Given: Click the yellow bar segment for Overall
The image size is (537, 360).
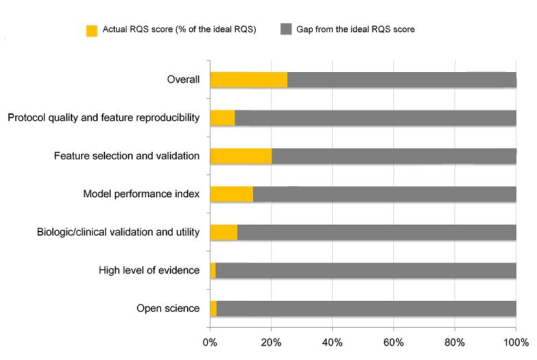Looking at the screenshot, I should click(x=248, y=80).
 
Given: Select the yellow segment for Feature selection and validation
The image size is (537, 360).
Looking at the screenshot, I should click(x=241, y=156).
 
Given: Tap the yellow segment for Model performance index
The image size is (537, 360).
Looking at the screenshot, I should click(x=231, y=194).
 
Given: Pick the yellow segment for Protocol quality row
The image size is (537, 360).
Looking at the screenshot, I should click(x=222, y=117).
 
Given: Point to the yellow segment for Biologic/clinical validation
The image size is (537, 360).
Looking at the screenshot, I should click(x=223, y=232).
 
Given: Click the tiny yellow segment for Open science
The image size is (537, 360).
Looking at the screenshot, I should click(x=213, y=308).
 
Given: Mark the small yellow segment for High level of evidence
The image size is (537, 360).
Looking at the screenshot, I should click(x=212, y=271).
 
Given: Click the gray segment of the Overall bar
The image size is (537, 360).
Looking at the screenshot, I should click(x=402, y=80).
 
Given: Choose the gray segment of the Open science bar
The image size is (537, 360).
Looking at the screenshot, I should click(x=366, y=308).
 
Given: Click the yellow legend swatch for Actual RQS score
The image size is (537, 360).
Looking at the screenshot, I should click(x=91, y=30).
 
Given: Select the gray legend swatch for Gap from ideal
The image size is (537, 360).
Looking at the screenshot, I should click(x=286, y=30).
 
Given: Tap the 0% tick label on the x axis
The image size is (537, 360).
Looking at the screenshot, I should click(x=210, y=341).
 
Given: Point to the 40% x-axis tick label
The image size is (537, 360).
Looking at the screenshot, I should click(x=332, y=341).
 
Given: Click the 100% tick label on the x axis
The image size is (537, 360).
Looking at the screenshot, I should click(x=516, y=341).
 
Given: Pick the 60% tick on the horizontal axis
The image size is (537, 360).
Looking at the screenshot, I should click(x=393, y=341).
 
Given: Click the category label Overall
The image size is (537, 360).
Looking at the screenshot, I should click(x=183, y=80).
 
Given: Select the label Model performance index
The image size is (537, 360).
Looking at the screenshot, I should click(x=141, y=194).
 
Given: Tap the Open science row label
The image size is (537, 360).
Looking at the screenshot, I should click(x=168, y=308).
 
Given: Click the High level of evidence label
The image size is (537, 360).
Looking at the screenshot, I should click(x=149, y=271).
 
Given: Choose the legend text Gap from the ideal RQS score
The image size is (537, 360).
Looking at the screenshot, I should click(x=355, y=30).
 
